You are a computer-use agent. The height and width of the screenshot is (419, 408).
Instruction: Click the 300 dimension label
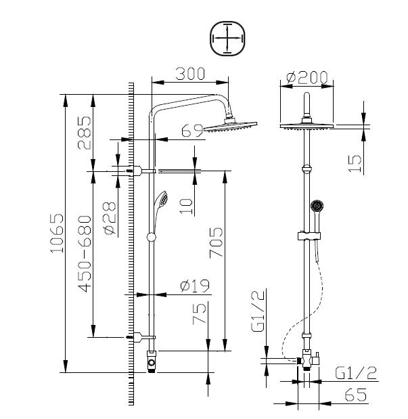click(190, 74)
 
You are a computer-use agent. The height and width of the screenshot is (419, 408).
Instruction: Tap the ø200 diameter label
click(307, 77)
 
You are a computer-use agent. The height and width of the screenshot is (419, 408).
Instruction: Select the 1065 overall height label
click(58, 233)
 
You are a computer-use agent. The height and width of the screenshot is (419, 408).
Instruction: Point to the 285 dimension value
click(85, 133)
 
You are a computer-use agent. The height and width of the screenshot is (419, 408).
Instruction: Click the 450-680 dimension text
click(85, 254)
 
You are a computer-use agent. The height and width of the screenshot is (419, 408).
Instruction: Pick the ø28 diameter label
click(110, 219)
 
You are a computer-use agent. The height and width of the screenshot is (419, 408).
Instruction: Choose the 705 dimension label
click(216, 242)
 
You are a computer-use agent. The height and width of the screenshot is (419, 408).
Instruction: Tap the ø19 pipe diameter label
click(195, 286)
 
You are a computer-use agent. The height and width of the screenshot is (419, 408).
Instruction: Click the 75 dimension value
click(200, 313)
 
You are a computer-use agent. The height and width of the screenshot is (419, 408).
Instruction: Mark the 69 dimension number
click(192, 131)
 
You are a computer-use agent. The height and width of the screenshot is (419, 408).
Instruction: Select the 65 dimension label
click(356, 395)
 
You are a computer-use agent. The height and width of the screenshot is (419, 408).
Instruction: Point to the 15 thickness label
click(355, 164)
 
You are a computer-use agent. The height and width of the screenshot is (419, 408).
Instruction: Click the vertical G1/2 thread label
click(258, 310)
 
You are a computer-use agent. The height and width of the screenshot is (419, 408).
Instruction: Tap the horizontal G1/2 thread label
click(356, 373)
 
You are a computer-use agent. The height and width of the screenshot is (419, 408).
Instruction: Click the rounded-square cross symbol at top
click(227, 39)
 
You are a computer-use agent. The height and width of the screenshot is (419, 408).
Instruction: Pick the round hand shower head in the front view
click(317, 206)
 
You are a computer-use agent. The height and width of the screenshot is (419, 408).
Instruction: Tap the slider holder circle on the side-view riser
click(152, 237)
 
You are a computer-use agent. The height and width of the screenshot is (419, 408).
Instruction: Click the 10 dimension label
click(186, 206)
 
